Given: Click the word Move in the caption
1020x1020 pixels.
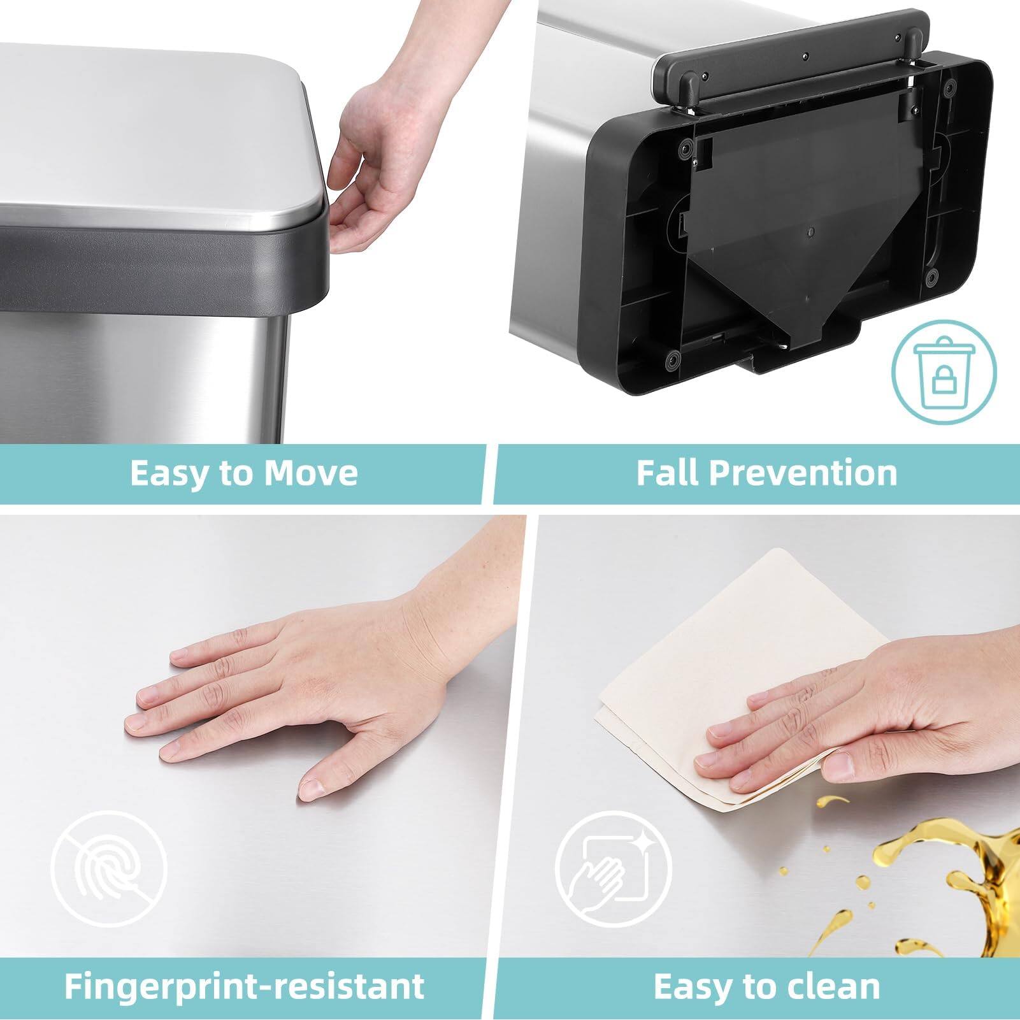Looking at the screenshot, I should click(x=311, y=473).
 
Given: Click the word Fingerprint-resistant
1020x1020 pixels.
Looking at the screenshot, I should click(x=244, y=986).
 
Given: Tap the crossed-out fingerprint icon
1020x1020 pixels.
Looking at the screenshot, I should click(x=109, y=869).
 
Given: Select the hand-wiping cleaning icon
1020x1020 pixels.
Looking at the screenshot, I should click(x=612, y=869).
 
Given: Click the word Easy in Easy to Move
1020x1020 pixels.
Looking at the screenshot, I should click(x=169, y=473).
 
